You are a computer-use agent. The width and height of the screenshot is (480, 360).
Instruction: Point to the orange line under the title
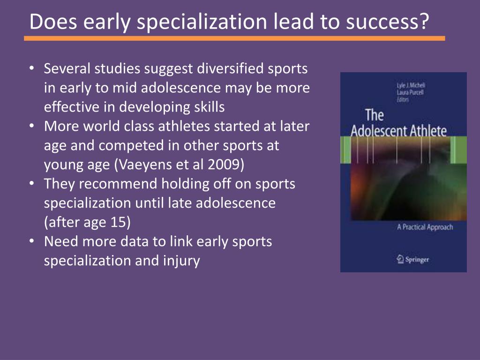[x=234, y=38]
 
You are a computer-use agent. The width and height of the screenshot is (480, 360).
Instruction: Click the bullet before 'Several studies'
[x=31, y=69]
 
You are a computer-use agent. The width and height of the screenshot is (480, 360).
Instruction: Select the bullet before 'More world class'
[x=31, y=127]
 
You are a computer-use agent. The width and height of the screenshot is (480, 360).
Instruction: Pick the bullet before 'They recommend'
[x=31, y=184]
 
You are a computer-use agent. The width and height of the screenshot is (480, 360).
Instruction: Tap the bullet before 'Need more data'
[x=31, y=241]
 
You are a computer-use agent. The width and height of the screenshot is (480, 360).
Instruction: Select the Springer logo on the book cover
[x=412, y=259]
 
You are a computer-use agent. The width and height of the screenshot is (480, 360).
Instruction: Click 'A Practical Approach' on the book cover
[x=425, y=227]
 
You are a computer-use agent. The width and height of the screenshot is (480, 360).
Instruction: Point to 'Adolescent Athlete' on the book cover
[x=398, y=130]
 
